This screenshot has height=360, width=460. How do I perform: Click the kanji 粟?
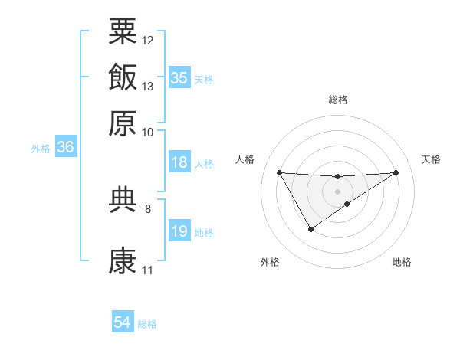123,31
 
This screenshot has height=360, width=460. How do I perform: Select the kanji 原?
123,123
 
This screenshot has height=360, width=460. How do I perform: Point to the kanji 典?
123,199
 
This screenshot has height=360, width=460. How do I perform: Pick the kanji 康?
123,261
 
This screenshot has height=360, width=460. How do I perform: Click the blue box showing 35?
179,78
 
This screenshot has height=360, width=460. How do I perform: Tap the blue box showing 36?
65,148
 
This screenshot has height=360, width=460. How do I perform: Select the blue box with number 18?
179,162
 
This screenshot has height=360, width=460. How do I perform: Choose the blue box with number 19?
179,231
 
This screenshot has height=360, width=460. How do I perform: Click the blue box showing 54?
123,323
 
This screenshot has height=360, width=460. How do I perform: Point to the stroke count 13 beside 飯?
148,87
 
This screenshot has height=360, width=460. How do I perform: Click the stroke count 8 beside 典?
147,208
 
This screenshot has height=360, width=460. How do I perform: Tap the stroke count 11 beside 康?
147,270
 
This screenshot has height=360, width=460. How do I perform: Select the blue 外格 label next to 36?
41,149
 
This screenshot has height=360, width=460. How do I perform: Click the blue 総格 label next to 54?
147,324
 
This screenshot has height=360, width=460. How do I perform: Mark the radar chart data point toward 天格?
396,172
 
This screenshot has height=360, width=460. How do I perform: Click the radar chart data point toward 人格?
279,172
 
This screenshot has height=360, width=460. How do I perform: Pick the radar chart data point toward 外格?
310,229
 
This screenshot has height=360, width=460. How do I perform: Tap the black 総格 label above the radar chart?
337,100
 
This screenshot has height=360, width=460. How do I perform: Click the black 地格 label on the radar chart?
402,263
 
